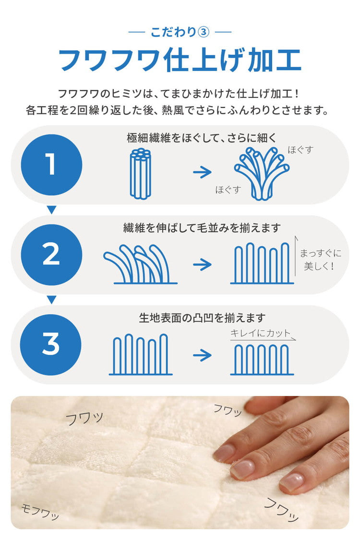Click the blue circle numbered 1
tap(51, 165)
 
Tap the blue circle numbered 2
tap(51, 255)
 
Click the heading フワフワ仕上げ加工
tap(180, 60)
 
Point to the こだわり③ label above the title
tap(180, 32)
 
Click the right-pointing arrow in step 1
tap(202, 172)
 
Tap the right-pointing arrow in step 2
tap(202, 264)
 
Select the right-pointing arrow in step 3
tap(202, 355)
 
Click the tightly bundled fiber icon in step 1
tap(140, 173)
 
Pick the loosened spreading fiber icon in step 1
tap(262, 173)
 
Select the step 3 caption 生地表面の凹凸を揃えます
tap(202, 318)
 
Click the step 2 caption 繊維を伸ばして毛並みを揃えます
tap(202, 228)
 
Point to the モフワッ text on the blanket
tap(41, 513)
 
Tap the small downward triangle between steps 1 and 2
tap(51, 210)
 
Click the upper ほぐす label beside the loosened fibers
tap(300, 150)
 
